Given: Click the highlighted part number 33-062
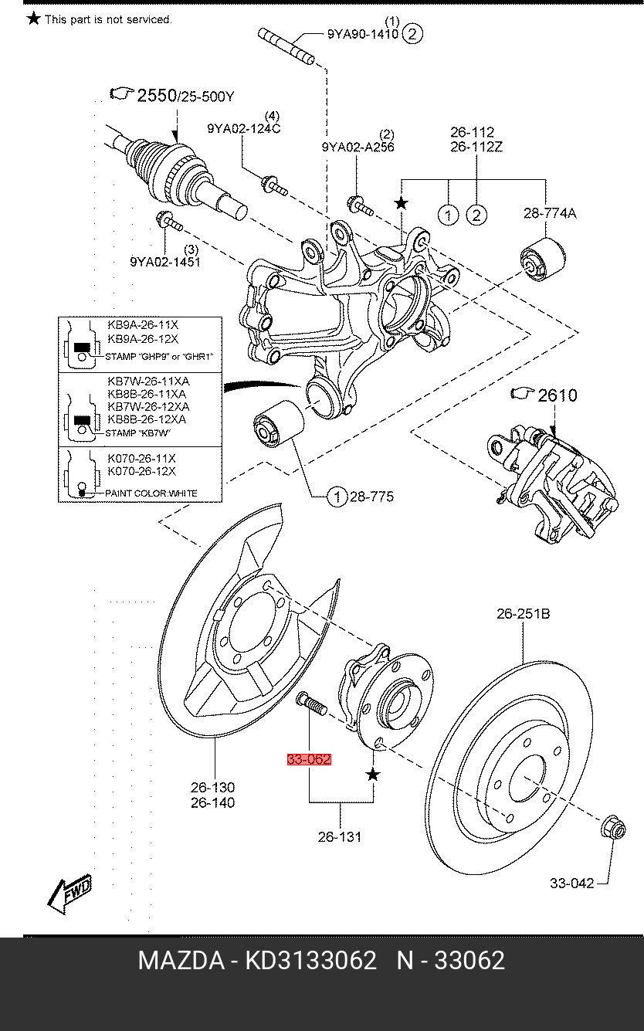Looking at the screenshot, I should (x=309, y=759).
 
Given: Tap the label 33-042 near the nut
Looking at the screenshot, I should (x=572, y=883).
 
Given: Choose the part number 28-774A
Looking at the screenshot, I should (x=549, y=214).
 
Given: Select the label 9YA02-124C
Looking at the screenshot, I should (x=243, y=128).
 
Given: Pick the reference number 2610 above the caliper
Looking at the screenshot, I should (x=557, y=395).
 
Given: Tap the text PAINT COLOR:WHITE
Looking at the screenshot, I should (x=145, y=493).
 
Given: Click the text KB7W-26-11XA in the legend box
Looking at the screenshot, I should (x=147, y=381).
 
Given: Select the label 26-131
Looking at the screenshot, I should (x=340, y=836).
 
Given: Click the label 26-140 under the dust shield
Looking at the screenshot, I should (x=213, y=802).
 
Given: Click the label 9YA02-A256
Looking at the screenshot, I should (x=358, y=147).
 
